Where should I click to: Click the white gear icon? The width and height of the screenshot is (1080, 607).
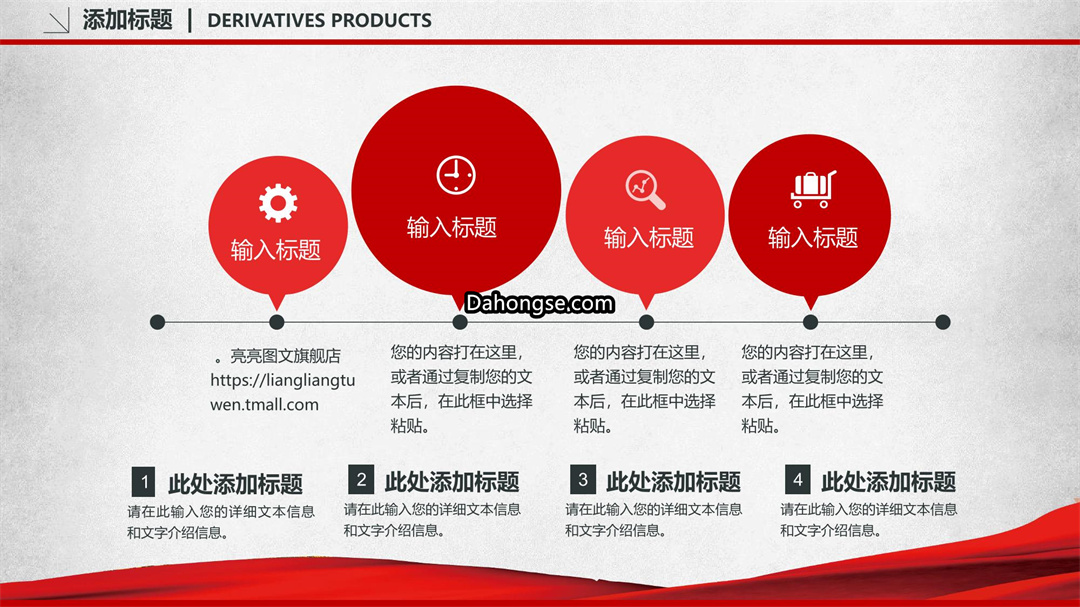(x=278, y=203)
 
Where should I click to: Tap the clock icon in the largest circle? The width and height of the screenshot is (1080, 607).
(x=456, y=175)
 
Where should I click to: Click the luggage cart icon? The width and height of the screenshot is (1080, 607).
(x=813, y=189)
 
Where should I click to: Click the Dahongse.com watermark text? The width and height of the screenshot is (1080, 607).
(x=539, y=303)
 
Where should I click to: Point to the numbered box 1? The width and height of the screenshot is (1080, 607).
(x=143, y=482)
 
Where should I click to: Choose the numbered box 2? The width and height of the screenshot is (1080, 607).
(x=361, y=479)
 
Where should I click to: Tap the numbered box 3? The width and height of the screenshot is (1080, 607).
(x=583, y=479)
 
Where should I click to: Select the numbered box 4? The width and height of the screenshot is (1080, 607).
(x=798, y=479)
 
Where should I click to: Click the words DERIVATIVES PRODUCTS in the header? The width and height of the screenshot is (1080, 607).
(x=320, y=21)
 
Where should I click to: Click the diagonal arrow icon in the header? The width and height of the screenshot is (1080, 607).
(x=56, y=21)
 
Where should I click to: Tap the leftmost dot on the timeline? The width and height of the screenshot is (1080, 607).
(x=158, y=322)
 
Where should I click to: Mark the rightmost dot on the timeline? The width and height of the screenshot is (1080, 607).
(x=943, y=322)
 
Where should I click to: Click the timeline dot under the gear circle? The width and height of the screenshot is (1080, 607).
(x=277, y=322)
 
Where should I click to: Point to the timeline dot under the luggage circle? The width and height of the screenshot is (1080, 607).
(x=811, y=322)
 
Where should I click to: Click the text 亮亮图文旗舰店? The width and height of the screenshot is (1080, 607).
(x=285, y=356)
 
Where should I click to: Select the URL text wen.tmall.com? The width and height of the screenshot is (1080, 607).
(x=264, y=404)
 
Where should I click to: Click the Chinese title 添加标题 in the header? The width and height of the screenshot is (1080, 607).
(x=127, y=20)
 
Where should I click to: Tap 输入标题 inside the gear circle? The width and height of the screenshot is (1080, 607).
(x=276, y=250)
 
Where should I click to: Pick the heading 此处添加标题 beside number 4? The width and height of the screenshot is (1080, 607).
(x=889, y=482)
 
